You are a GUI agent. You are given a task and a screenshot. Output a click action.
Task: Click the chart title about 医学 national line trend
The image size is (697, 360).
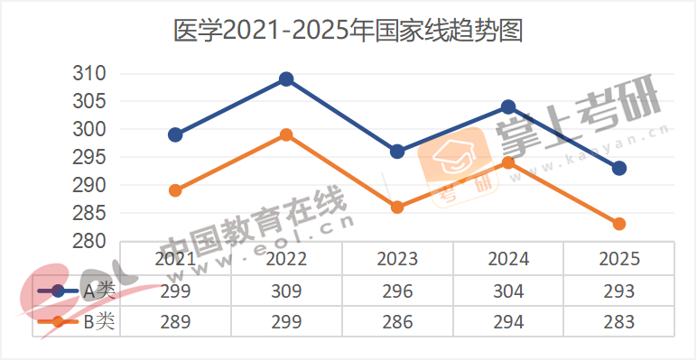pyautogui.click(x=348, y=32)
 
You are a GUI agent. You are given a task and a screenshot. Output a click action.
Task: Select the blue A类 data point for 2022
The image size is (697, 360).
pyautogui.click(x=286, y=79)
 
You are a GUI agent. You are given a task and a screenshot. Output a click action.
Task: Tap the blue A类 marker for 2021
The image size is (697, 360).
pyautogui.click(x=175, y=135)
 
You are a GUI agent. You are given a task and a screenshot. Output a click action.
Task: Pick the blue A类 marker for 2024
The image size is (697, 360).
pyautogui.click(x=508, y=107)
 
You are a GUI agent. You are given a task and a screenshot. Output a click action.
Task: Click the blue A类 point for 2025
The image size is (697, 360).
pyautogui.click(x=619, y=169)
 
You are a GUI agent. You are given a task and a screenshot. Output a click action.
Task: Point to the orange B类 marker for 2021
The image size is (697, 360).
pyautogui.click(x=175, y=190)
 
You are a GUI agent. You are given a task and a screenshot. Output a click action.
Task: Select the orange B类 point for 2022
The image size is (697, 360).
pyautogui.click(x=286, y=135)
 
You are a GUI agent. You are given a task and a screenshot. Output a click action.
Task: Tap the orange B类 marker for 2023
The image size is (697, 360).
pyautogui.click(x=397, y=208)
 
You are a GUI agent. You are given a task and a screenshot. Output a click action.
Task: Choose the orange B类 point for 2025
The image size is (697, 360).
pyautogui.click(x=619, y=224)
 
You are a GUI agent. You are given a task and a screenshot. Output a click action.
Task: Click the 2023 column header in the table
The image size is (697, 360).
pyautogui.click(x=397, y=259)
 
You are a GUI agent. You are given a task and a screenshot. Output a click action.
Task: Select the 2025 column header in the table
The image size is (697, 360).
pyautogui.click(x=619, y=259)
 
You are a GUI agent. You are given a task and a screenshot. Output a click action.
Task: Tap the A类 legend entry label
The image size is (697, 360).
pyautogui.click(x=98, y=291)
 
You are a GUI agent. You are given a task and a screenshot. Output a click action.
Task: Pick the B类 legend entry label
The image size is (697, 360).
pyautogui.click(x=98, y=322)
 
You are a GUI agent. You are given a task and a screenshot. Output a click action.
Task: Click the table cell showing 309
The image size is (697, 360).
pyautogui.click(x=286, y=291)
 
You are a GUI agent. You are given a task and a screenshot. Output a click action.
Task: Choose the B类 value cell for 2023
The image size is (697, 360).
pyautogui.click(x=397, y=322)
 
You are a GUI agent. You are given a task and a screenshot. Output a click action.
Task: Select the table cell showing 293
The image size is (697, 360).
pyautogui.click(x=619, y=291)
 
